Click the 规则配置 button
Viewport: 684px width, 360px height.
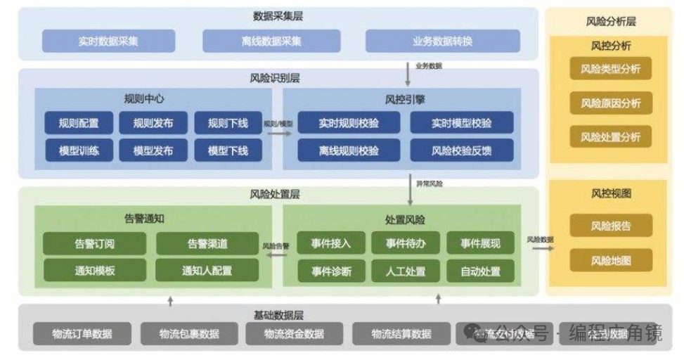(79, 123)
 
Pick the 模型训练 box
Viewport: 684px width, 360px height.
(79, 150)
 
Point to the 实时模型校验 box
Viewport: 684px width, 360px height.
(462, 123)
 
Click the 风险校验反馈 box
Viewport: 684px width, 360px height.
(462, 150)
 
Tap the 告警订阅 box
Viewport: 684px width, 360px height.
(95, 244)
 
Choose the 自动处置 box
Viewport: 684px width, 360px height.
(480, 270)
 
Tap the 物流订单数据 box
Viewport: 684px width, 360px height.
(82, 333)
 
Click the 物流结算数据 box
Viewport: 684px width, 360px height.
(401, 333)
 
